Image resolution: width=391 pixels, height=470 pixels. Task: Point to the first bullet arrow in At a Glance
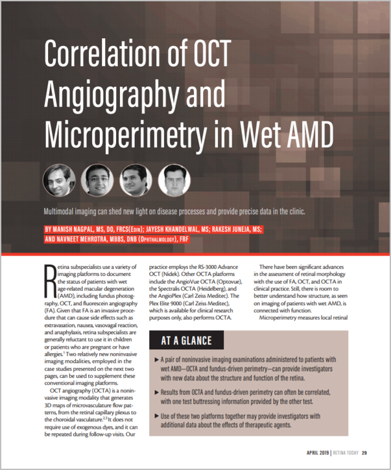159,360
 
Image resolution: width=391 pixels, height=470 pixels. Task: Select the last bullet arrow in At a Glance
159,414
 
